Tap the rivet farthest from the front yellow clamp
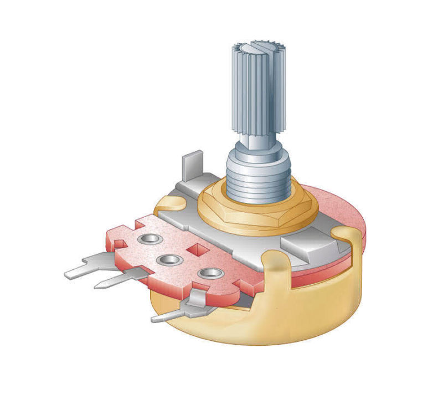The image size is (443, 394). coord(148,240)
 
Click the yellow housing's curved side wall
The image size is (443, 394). coord(310,316)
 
